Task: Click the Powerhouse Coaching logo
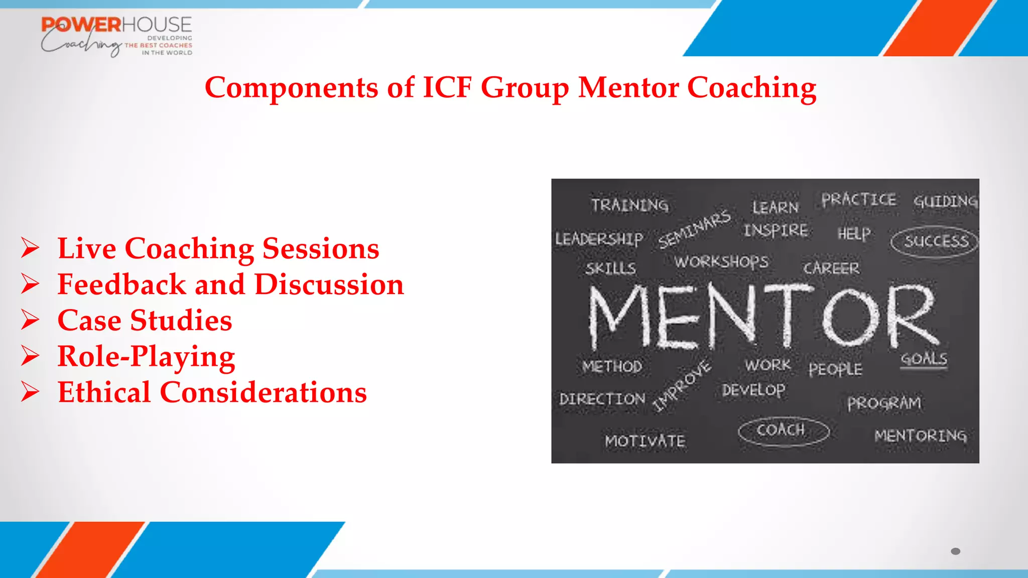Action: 116,36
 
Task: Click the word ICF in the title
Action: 448,87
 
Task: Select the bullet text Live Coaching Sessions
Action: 218,248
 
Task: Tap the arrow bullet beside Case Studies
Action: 30,320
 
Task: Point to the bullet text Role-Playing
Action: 146,357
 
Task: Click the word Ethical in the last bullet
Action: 104,392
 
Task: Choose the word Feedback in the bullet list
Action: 122,284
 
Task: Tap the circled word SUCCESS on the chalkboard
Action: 936,241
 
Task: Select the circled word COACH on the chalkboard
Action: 782,430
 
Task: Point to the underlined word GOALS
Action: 924,359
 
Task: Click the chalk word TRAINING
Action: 629,205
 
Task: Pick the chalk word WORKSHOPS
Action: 721,261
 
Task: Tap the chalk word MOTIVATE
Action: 645,441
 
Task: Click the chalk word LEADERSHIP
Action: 599,239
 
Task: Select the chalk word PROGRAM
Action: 884,403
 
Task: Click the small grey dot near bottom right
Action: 955,551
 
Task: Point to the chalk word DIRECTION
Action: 602,399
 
